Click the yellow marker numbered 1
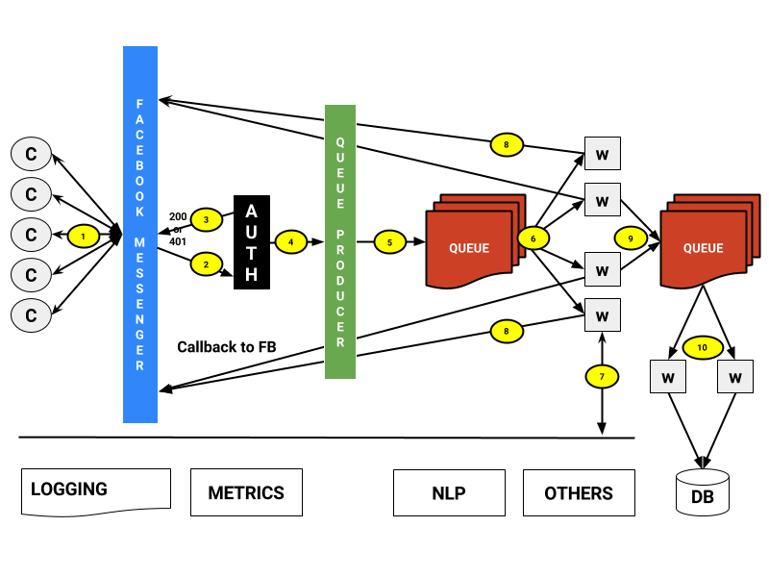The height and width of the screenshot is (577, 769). tap(84, 236)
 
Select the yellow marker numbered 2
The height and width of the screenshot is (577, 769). tap(206, 263)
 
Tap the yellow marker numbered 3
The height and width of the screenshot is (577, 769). tap(206, 219)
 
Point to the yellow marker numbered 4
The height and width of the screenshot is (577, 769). tap(291, 241)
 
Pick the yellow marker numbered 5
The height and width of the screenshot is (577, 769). tap(389, 242)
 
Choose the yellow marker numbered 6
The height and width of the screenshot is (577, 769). tap(533, 238)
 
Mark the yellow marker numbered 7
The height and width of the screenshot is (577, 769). tap(602, 376)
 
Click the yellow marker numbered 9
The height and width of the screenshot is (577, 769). tap(631, 238)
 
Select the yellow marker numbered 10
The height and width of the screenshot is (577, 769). tap(703, 347)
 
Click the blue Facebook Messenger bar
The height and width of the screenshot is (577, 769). tap(140, 235)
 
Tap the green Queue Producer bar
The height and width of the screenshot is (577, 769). tap(340, 241)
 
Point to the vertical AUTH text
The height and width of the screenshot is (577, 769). tap(251, 242)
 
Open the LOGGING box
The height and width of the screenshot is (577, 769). tap(96, 490)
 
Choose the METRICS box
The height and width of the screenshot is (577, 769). tap(246, 492)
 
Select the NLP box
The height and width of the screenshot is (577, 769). tap(449, 492)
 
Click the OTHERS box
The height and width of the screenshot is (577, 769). tap(579, 492)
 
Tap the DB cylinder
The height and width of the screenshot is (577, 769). tap(703, 492)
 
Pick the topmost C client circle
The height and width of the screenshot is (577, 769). tap(31, 154)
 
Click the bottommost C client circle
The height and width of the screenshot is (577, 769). tap(31, 315)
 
